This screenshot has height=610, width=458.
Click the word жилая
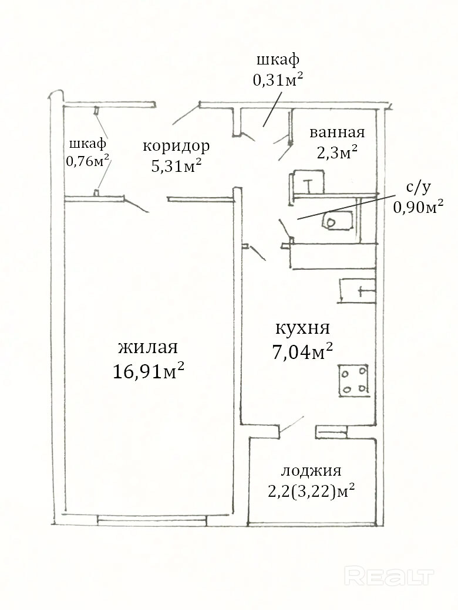(x=148, y=347)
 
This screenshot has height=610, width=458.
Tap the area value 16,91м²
(x=149, y=371)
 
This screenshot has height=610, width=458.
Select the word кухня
(x=302, y=328)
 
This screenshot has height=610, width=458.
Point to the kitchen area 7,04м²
(x=302, y=352)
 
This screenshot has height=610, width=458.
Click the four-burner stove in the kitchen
(x=353, y=381)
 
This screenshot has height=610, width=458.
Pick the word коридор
(x=176, y=147)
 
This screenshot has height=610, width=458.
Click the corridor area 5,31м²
(x=176, y=167)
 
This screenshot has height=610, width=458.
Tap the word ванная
(x=337, y=133)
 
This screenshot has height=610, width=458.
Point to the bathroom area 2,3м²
(x=337, y=152)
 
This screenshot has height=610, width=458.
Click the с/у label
(x=418, y=188)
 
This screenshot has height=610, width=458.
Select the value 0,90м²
(x=418, y=206)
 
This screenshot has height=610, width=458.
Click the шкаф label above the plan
(x=278, y=60)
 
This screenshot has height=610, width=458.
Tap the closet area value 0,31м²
(x=278, y=80)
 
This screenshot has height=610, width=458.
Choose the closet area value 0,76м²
(x=87, y=161)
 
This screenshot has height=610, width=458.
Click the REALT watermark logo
(x=389, y=577)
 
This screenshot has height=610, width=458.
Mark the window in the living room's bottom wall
(x=152, y=520)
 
